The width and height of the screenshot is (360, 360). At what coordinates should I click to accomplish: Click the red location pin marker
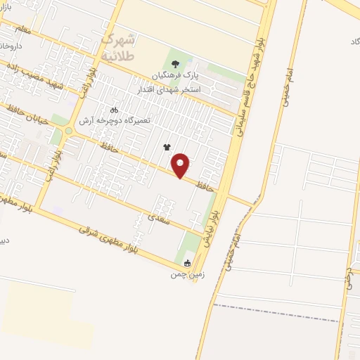click(181, 165)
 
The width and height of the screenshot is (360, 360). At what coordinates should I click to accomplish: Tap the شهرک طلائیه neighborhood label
click(120, 46)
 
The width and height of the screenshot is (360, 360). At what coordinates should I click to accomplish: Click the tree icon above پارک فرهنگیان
click(176, 62)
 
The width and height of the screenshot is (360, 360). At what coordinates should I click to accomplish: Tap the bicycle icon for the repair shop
click(115, 110)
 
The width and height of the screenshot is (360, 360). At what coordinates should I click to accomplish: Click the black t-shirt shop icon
click(167, 148)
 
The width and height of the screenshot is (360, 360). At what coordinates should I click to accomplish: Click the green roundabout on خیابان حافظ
click(69, 130)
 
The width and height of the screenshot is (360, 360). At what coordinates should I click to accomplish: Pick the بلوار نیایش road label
click(221, 212)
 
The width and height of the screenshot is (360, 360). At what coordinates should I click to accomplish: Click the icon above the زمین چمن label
click(186, 263)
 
